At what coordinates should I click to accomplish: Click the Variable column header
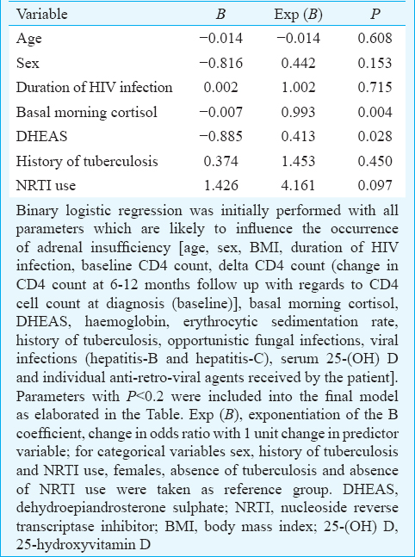pos(41,15)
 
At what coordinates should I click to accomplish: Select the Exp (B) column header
pos(298,15)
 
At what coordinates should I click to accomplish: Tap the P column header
pos(375,15)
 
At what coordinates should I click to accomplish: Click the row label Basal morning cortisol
pos(86,112)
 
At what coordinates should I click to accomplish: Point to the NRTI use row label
pos(46,185)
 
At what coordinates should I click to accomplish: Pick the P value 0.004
pos(375,112)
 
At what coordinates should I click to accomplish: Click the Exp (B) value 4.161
pos(298,185)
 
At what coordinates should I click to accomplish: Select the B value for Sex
pos(221,63)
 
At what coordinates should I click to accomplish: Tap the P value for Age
pos(375,38)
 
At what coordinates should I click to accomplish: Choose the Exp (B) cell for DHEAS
pos(298,136)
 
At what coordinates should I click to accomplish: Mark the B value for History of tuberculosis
pos(221,161)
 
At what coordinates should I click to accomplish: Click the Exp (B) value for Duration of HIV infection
pos(298,88)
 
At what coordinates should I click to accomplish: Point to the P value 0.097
pos(375,185)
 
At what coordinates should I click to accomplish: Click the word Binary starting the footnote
pos(37,211)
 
